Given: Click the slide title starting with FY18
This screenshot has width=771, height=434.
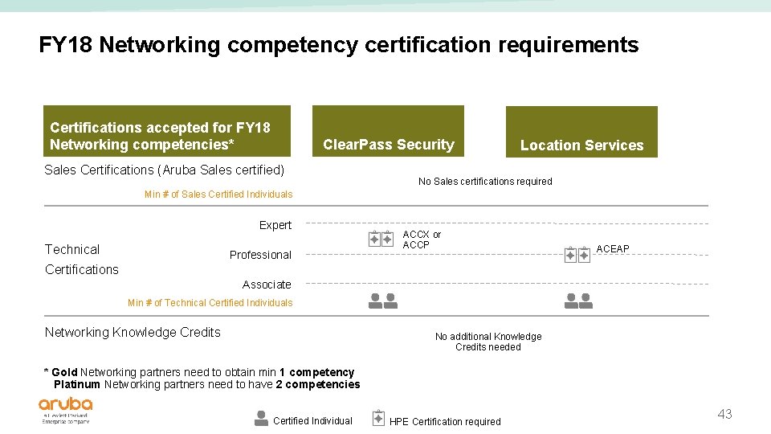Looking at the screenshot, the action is (x=338, y=45).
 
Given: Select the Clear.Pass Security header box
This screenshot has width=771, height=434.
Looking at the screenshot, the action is (x=388, y=131).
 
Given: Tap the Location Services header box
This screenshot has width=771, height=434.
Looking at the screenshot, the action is (x=581, y=132).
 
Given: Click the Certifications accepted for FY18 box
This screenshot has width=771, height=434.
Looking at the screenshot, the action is (x=166, y=131).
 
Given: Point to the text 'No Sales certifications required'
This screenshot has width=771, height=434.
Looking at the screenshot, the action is (x=485, y=182).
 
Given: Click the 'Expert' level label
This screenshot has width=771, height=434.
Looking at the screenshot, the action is (x=275, y=225).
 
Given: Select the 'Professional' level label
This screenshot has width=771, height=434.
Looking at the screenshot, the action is (x=260, y=255).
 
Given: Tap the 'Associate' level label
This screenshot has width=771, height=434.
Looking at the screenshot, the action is (x=267, y=285).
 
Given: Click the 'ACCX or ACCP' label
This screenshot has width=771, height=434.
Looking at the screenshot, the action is (x=422, y=240).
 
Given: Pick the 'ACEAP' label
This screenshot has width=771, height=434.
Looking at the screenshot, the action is (x=613, y=249).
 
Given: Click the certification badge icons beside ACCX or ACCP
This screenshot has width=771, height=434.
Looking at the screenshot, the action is (x=381, y=239).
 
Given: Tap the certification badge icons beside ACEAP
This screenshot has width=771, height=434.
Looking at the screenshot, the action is (x=577, y=255).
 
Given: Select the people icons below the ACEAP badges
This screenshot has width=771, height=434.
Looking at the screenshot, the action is (x=578, y=301).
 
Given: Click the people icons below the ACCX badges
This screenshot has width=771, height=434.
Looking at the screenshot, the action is (x=382, y=301).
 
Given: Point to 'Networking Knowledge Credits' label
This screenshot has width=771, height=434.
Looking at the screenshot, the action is (x=133, y=333).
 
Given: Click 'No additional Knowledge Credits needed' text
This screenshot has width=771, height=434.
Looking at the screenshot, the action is (x=488, y=342).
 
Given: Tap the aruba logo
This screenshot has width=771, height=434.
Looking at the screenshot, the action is (x=66, y=408).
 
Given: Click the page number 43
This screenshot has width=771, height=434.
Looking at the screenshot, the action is (x=724, y=415).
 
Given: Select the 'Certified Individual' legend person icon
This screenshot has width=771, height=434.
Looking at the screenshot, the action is (x=261, y=418).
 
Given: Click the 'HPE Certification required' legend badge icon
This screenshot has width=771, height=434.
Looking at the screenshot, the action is (x=379, y=418).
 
